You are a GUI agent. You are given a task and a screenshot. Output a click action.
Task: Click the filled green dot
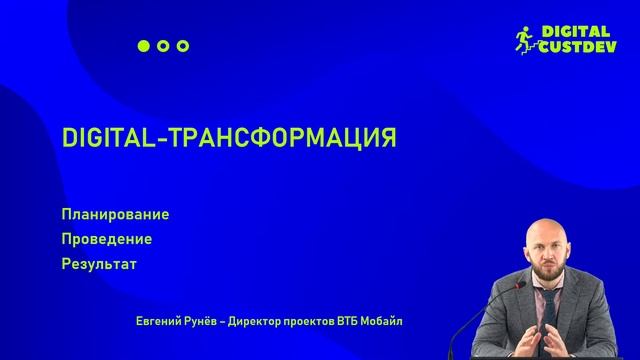[143, 46]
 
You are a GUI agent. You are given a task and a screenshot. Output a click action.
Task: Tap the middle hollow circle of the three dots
[163, 46]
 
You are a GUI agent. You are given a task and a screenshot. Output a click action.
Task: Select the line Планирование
[115, 215]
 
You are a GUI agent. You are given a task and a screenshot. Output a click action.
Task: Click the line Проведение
[106, 240]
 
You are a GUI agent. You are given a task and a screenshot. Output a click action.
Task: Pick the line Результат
[98, 265]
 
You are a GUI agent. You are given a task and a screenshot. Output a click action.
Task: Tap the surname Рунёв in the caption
[202, 321]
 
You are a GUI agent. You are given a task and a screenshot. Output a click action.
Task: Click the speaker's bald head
[551, 231]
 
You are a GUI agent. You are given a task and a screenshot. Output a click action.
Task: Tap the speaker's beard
[553, 276]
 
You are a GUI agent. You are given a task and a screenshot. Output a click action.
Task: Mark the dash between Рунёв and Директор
[225, 321]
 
